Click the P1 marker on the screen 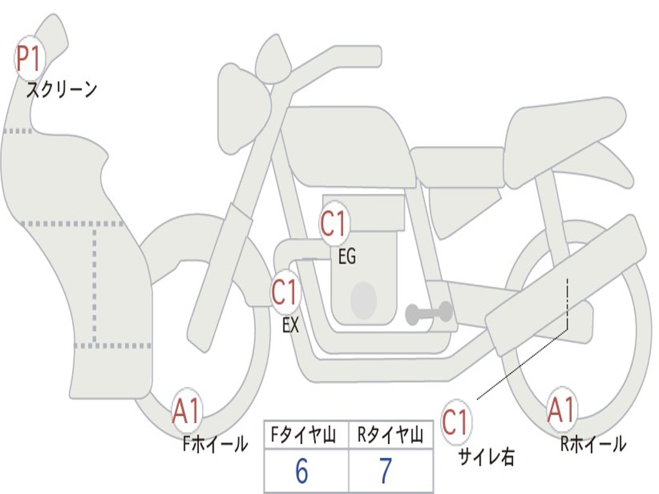pos(28,59)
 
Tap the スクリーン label pos(62,89)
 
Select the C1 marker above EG pos(334,223)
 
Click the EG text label pos(347,256)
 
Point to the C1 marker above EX pos(285,292)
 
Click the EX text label pos(290,325)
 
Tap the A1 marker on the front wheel pos(187,410)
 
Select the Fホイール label pos(215,444)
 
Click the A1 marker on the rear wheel pos(562,410)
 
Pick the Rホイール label pos(593,444)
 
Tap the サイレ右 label pos(487,457)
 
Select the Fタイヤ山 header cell pos(306,435)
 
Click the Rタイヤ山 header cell pos(391,435)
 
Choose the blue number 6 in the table pos(302,470)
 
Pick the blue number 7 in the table pos(386,470)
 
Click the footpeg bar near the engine pos(429,313)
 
